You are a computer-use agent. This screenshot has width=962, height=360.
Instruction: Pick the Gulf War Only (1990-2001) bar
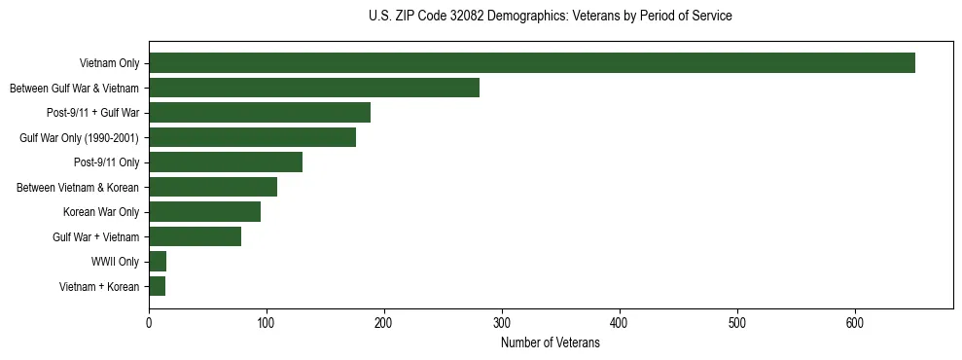click(252, 137)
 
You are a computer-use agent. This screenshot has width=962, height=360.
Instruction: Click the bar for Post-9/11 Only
click(225, 162)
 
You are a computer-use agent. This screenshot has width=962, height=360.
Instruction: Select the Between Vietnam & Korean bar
click(212, 187)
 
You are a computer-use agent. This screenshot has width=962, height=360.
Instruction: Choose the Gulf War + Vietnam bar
click(195, 236)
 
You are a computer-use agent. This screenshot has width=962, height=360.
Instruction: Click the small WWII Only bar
click(158, 262)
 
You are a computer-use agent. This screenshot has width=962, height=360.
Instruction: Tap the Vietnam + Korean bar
click(157, 286)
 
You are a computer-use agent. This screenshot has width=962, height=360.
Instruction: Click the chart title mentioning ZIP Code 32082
click(550, 17)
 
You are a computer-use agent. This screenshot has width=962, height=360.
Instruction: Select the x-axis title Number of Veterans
click(550, 343)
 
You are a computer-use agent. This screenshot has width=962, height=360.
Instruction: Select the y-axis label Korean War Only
click(101, 212)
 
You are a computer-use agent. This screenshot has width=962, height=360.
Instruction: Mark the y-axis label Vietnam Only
click(109, 63)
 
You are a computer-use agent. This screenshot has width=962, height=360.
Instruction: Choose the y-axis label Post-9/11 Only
click(106, 162)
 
